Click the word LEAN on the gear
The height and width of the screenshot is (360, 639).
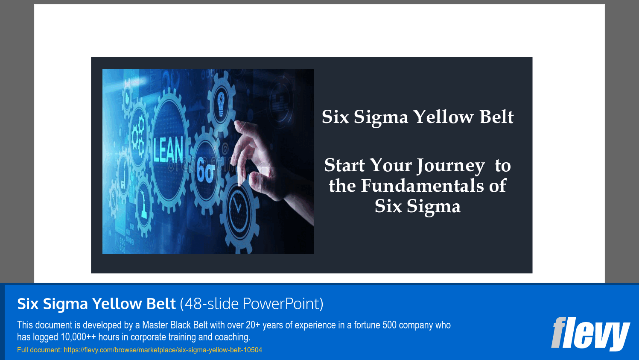(168, 150)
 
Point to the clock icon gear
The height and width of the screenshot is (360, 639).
(237, 208)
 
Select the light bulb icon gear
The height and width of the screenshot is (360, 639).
(221, 102)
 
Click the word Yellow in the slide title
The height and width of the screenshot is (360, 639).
(444, 117)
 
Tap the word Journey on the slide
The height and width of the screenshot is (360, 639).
(450, 166)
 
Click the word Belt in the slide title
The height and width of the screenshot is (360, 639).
(496, 117)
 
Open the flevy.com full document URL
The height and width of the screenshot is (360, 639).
(163, 350)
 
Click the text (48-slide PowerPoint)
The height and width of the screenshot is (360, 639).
(251, 304)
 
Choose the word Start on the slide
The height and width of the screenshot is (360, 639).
(344, 166)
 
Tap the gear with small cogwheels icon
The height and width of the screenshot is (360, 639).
(137, 137)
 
